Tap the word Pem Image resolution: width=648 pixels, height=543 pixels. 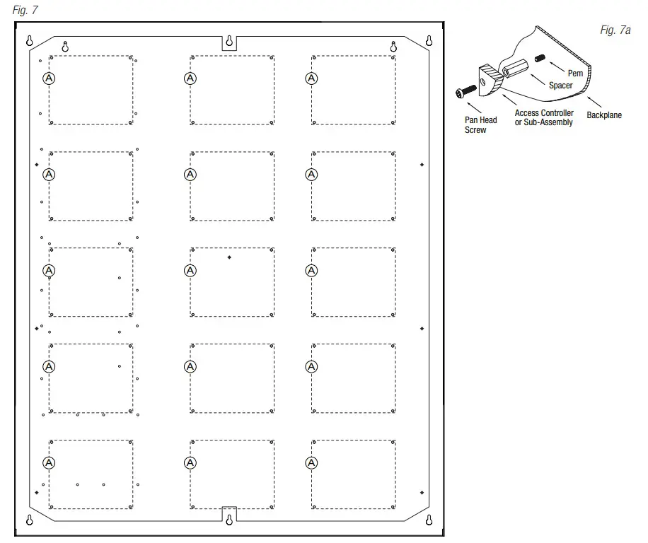click(575, 74)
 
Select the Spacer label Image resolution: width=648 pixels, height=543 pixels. click(561, 86)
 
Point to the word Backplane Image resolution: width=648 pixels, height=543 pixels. click(604, 115)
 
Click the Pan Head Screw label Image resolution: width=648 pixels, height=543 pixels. click(480, 124)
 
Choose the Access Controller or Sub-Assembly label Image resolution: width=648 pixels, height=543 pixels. click(543, 117)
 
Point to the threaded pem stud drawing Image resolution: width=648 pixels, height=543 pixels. click(541, 58)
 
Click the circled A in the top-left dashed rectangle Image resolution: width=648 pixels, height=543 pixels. click(49, 78)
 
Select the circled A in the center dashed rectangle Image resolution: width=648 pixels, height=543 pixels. click(190, 270)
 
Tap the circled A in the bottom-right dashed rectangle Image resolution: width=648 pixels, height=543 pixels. click(311, 462)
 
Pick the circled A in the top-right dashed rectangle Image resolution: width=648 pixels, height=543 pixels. click(311, 78)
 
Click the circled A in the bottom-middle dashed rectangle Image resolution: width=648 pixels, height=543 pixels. click(190, 462)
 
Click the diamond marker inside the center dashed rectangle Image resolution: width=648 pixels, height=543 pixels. click(229, 257)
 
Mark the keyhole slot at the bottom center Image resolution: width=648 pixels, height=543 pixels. click(228, 521)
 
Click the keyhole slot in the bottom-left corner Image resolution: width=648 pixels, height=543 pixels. click(29, 521)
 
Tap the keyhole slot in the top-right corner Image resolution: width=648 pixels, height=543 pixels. click(428, 42)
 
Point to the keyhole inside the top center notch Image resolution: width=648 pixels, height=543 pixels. click(228, 42)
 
